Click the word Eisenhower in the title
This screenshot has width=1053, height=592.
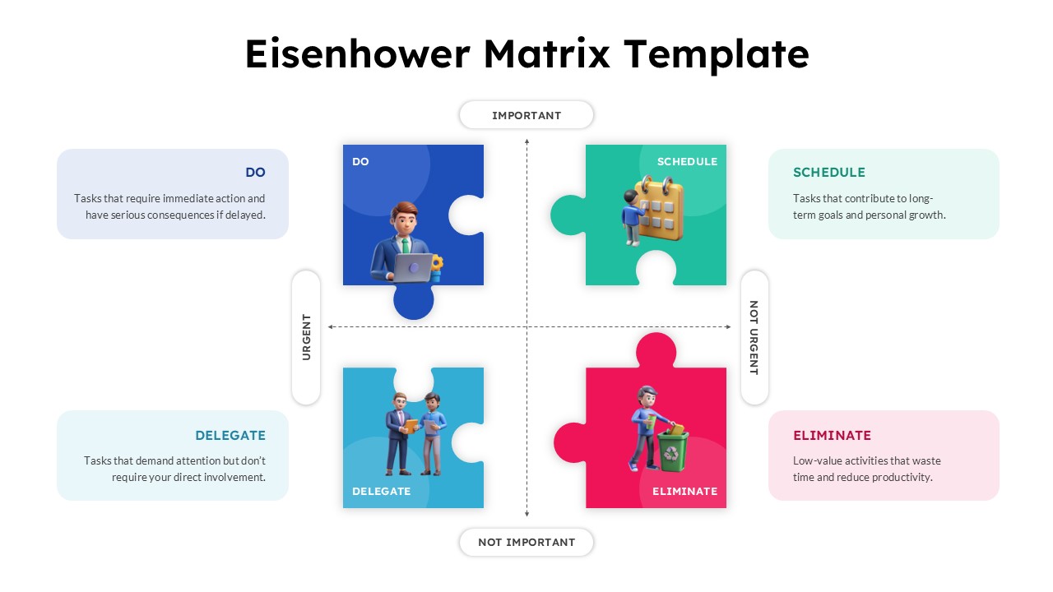coord(357,54)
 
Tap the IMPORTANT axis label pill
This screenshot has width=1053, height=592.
coord(526,115)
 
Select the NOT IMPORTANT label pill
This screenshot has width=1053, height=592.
coord(526,542)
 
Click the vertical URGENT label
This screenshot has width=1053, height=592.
coord(306,337)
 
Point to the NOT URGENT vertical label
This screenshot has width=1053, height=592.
coord(754,337)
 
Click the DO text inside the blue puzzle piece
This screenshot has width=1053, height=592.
coord(360,162)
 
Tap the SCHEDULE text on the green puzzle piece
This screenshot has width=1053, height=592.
coord(687,162)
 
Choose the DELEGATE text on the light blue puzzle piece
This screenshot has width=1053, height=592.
coord(381,491)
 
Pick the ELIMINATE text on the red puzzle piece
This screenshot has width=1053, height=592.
coord(684,491)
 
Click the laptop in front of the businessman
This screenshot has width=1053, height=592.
coord(412,266)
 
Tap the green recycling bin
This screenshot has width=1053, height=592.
coord(671,451)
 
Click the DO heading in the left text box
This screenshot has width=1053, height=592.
coord(255,173)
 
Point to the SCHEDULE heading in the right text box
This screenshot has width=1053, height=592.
coord(828,173)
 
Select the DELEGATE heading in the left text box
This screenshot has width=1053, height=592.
coord(230,436)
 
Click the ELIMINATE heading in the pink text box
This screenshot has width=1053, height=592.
coord(832,436)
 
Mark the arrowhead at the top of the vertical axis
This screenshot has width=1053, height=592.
coord(526,142)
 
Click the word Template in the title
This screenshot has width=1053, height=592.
coord(716,54)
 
